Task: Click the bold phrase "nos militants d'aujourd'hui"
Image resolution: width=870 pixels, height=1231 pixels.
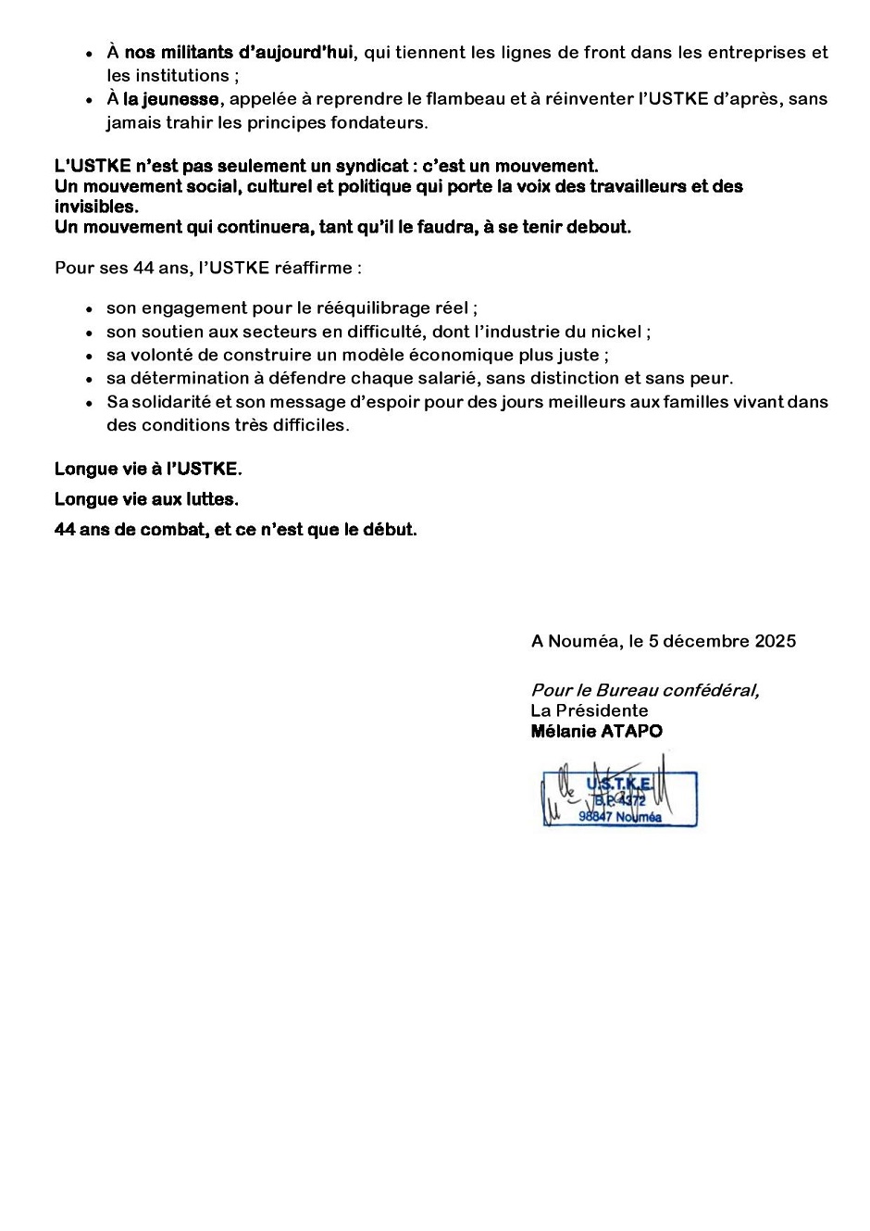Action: click(239, 53)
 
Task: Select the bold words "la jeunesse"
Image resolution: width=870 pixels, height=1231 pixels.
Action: click(171, 99)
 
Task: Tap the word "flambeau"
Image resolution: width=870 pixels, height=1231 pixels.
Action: click(463, 99)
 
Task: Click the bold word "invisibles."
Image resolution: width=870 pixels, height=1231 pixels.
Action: click(96, 207)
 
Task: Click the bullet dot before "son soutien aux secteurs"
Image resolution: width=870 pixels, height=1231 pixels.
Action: click(89, 333)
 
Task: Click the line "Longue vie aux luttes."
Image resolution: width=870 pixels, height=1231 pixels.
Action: click(146, 499)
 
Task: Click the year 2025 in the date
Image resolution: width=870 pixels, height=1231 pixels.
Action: click(775, 641)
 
